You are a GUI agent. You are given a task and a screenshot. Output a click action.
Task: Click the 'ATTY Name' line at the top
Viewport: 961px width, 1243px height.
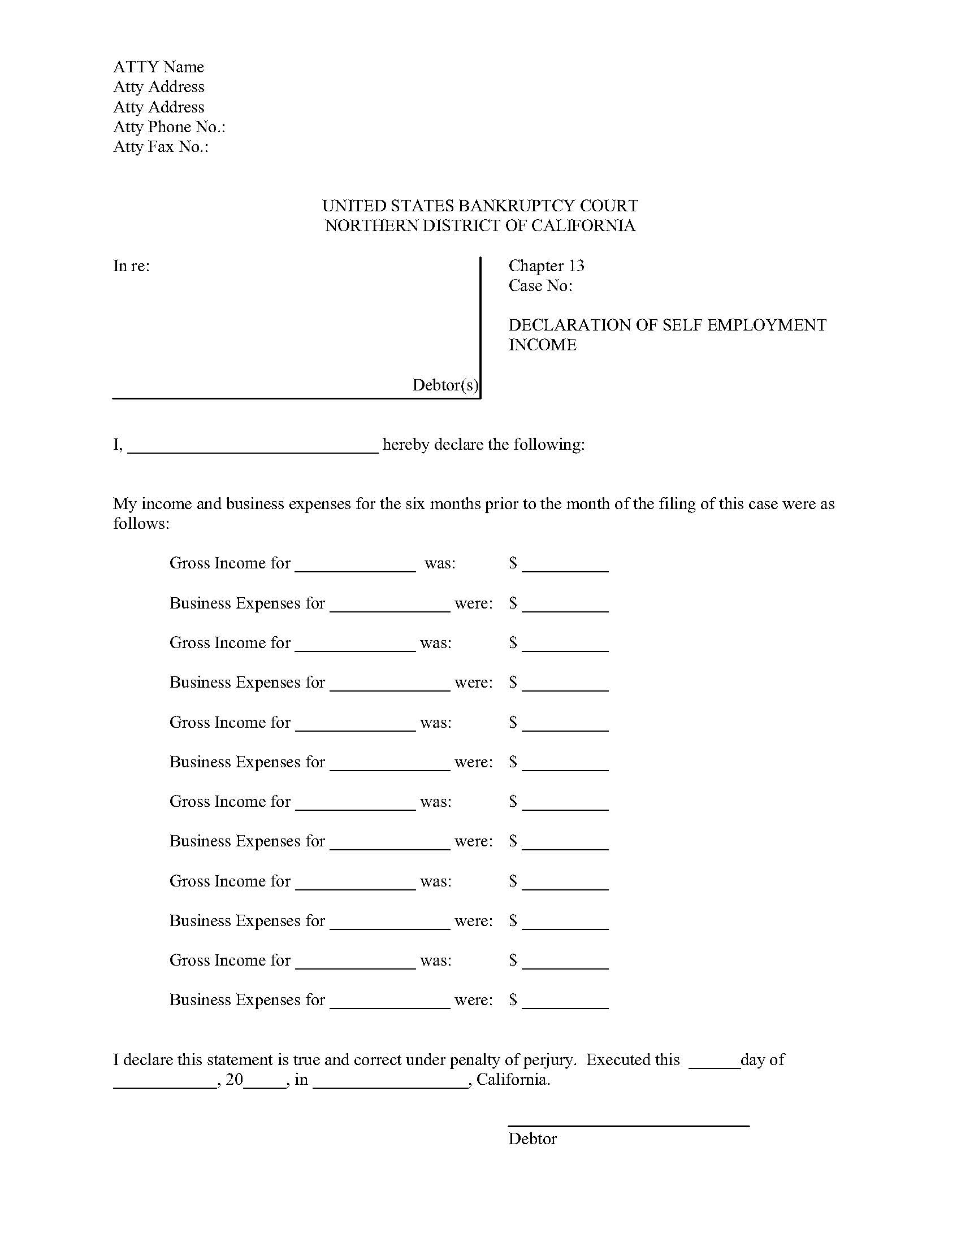(158, 67)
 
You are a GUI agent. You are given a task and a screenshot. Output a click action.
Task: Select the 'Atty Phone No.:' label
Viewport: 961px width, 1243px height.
(169, 127)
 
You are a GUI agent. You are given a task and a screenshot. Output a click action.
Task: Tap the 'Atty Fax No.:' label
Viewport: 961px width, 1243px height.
(161, 147)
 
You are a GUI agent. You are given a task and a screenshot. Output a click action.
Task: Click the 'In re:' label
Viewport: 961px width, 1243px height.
(132, 266)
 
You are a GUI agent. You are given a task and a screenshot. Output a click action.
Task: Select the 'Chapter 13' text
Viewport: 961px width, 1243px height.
(546, 266)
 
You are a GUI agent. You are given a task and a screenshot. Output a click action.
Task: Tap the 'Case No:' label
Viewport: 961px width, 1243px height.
(540, 286)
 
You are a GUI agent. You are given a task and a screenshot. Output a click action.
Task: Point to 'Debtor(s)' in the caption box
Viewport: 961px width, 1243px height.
(445, 385)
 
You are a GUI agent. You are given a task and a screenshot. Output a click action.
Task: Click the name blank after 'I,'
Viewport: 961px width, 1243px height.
(253, 447)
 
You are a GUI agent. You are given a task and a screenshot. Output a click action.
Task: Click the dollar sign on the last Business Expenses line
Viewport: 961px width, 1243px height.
(513, 999)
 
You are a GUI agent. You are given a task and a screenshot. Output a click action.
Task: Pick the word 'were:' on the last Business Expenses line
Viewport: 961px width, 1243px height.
(473, 1000)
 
